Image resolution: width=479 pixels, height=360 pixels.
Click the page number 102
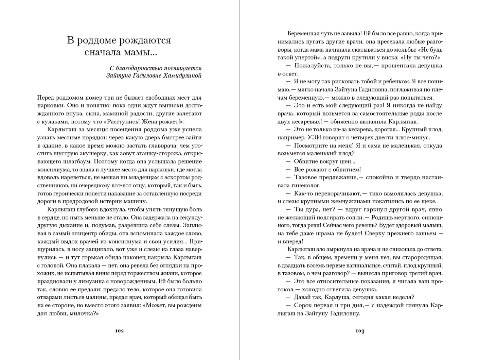[x=119, y=331]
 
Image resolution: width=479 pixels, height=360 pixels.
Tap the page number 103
[x=360, y=331]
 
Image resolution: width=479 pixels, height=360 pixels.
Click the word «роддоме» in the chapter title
[x=99, y=40]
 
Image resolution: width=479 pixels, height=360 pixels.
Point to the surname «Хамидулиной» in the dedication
[x=182, y=76]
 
